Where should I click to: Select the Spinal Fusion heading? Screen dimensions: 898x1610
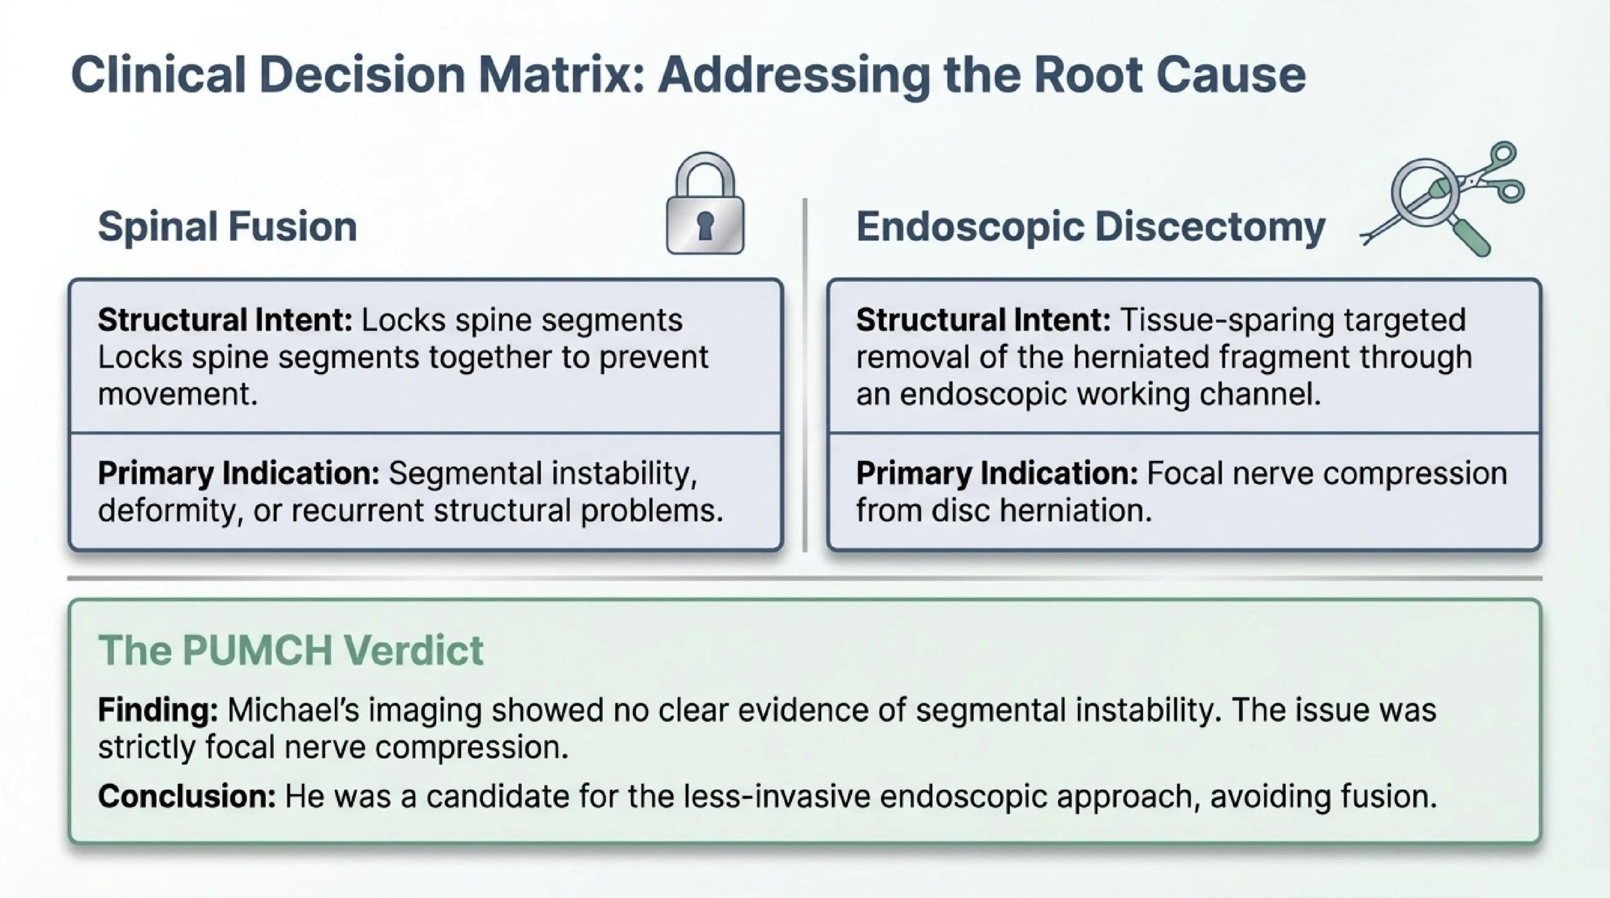point(227,227)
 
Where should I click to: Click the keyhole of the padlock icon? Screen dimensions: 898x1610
point(705,226)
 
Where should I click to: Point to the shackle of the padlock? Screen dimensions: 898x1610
point(705,174)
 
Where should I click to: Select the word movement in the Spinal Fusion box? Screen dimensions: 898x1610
point(177,393)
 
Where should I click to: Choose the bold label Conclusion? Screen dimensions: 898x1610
point(187,796)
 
